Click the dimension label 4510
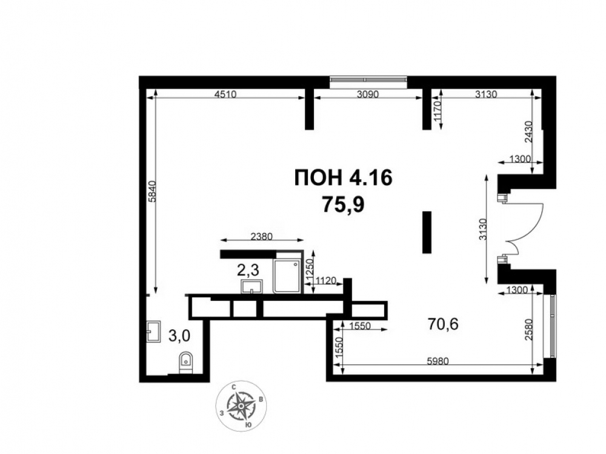(x=225, y=94)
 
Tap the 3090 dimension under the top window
(x=368, y=94)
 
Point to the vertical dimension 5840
(x=152, y=191)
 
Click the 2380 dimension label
(x=262, y=236)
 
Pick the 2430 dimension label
(x=528, y=133)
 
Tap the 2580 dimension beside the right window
(x=529, y=329)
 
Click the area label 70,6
(x=443, y=324)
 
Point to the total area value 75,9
(x=344, y=205)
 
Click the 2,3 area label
(x=248, y=270)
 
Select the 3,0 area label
(x=179, y=336)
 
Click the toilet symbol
(x=186, y=363)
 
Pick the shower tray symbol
(x=287, y=276)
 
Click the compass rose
(x=241, y=406)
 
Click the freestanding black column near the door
(x=427, y=232)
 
